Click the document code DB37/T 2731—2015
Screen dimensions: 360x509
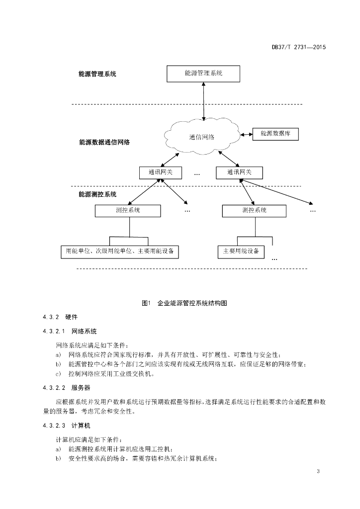(x=299, y=47)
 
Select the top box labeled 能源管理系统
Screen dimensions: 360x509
(x=203, y=74)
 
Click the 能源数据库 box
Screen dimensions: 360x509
(x=275, y=134)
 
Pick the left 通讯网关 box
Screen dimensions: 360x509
(x=161, y=172)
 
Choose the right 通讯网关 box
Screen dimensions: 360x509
(x=240, y=172)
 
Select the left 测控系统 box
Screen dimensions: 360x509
(x=128, y=211)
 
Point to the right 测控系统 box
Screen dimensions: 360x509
(x=254, y=211)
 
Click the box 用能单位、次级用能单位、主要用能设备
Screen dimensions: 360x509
(x=120, y=252)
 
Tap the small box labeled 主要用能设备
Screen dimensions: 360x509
(x=241, y=252)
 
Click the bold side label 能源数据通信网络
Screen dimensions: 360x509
(x=104, y=142)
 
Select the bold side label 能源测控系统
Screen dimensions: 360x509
(x=97, y=194)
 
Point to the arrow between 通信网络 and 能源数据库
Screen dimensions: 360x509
(x=247, y=134)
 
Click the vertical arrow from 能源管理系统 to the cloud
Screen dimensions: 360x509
(x=203, y=101)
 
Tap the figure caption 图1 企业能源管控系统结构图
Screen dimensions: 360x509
(x=184, y=303)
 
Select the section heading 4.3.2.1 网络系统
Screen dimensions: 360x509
(x=70, y=332)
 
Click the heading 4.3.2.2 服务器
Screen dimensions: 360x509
(x=67, y=388)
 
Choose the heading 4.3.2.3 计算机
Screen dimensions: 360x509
(x=67, y=425)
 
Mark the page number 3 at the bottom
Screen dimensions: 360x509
(x=318, y=471)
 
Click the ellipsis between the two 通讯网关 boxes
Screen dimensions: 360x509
(x=197, y=174)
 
